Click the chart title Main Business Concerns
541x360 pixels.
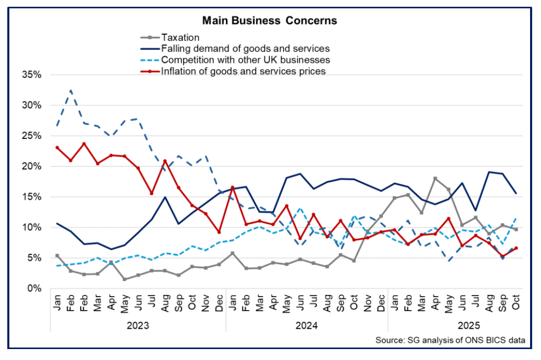(x=269, y=21)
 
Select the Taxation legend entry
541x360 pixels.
(x=180, y=37)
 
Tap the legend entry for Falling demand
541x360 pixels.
(x=245, y=48)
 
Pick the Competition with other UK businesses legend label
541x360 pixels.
(x=246, y=60)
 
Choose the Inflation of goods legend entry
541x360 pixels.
(x=243, y=71)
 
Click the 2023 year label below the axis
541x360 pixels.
(x=138, y=326)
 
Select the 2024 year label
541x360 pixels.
(x=307, y=326)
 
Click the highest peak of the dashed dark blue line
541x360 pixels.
(x=71, y=90)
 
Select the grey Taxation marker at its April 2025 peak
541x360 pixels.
(x=435, y=178)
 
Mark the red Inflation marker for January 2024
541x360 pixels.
(x=233, y=187)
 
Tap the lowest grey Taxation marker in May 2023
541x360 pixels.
(x=125, y=279)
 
